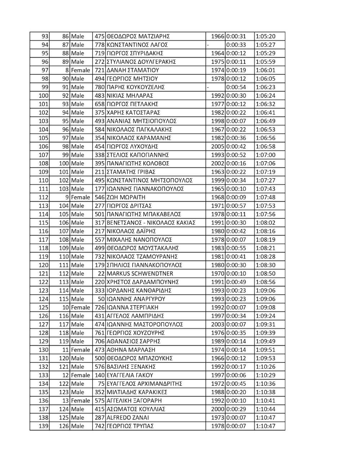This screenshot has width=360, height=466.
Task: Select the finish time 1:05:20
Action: pyautogui.click(x=265, y=36)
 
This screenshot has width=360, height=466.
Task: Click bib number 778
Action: pyautogui.click(x=99, y=45)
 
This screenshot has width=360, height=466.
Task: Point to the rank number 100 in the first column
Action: pyautogui.click(x=44, y=96)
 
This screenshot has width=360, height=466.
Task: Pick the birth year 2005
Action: pyautogui.click(x=217, y=147)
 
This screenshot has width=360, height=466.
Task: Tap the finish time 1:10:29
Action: pyautogui.click(x=265, y=375)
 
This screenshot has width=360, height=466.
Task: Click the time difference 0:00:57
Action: pyautogui.click(x=236, y=206)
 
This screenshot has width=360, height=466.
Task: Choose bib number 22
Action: pyautogui.click(x=101, y=274)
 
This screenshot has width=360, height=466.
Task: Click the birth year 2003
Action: pyautogui.click(x=217, y=324)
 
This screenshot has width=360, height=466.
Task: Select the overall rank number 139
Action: pyautogui.click(x=44, y=426)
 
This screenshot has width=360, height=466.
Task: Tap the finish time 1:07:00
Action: pyautogui.click(x=265, y=155)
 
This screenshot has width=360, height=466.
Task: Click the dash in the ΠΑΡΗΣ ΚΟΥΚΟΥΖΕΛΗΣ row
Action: pyautogui.click(x=208, y=87)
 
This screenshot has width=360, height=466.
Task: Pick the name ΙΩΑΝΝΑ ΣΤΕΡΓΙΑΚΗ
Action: pyautogui.click(x=132, y=308)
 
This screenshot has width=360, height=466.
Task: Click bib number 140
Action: pyautogui.click(x=99, y=375)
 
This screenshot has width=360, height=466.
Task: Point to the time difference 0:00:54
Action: pyautogui.click(x=236, y=87)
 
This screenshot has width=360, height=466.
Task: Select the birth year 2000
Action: pyautogui.click(x=217, y=409)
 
